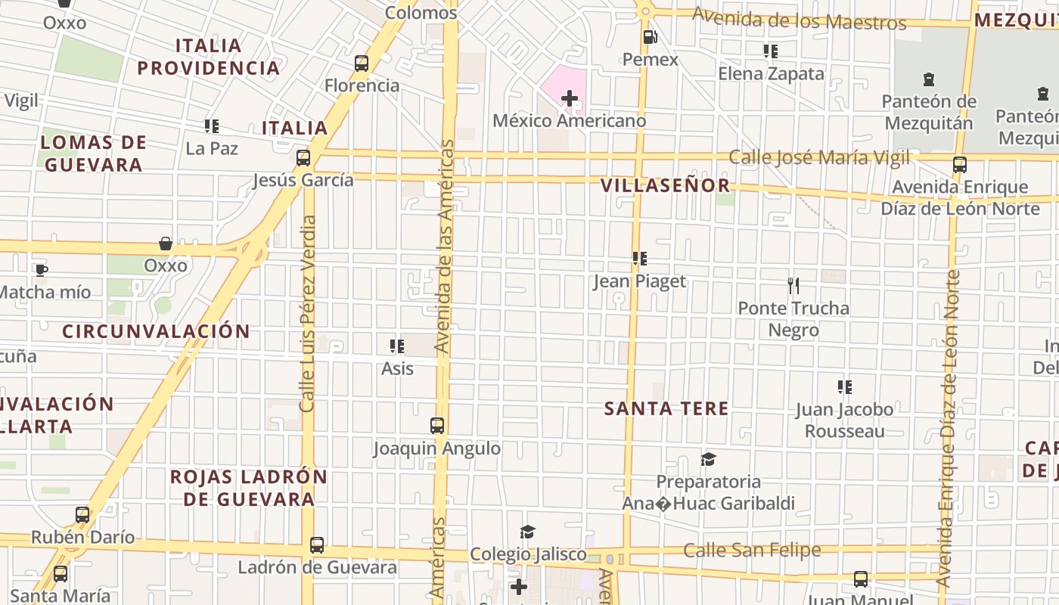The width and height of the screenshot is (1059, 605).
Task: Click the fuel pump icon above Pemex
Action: coord(649,37)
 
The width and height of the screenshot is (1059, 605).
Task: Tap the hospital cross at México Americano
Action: coord(569,98)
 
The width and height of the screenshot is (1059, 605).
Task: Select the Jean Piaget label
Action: coord(639,281)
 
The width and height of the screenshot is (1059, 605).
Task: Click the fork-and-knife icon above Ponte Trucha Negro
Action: coord(793,286)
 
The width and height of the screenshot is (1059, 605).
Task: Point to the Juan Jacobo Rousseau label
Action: coord(844,420)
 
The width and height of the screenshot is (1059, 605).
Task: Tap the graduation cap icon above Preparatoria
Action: coord(708,459)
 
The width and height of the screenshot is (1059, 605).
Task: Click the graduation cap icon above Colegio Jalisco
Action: coord(527,532)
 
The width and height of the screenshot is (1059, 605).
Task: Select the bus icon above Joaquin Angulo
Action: coord(437,426)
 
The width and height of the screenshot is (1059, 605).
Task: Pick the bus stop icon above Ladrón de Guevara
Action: coord(317,545)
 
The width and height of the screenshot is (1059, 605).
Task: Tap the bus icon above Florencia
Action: coord(362,64)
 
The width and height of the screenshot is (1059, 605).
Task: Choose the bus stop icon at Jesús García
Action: coord(303,158)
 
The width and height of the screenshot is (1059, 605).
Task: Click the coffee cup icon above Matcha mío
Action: coord(42,270)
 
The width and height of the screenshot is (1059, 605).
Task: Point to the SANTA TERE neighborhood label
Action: coord(666,409)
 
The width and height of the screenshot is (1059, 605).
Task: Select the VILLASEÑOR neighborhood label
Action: coord(666,186)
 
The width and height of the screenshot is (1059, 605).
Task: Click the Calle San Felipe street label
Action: coord(752,551)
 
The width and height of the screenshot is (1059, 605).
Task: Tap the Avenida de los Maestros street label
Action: coord(799,20)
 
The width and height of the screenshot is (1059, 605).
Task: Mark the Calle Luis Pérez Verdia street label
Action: coord(308,314)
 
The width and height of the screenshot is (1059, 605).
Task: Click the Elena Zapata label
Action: coord(771,74)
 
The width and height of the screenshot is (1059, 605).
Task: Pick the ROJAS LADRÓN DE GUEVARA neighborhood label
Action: coord(249,488)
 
